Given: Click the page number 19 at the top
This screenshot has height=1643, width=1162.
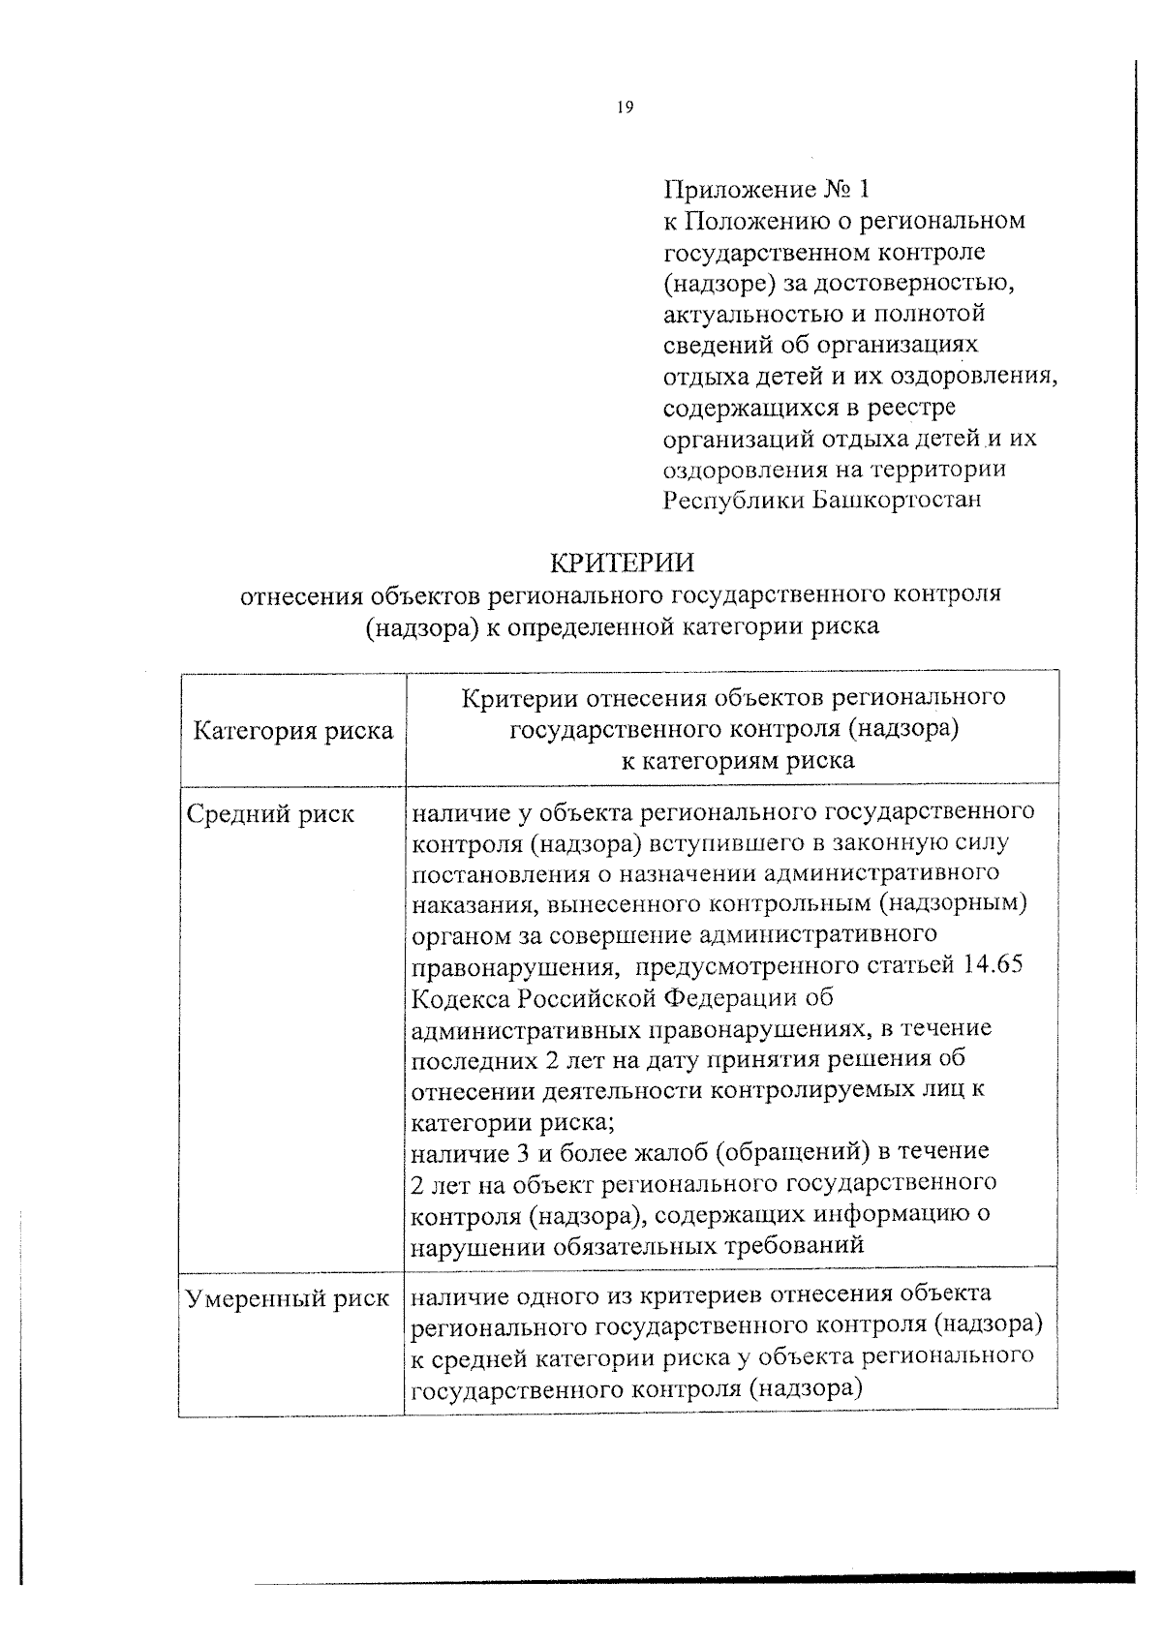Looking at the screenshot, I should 624,108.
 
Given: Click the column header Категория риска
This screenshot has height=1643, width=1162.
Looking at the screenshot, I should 293,730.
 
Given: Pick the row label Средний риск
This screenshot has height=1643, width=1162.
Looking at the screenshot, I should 270,814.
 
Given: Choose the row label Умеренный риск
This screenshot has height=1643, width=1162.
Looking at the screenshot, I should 288,1298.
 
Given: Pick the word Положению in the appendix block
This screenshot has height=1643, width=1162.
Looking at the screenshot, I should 754,221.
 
